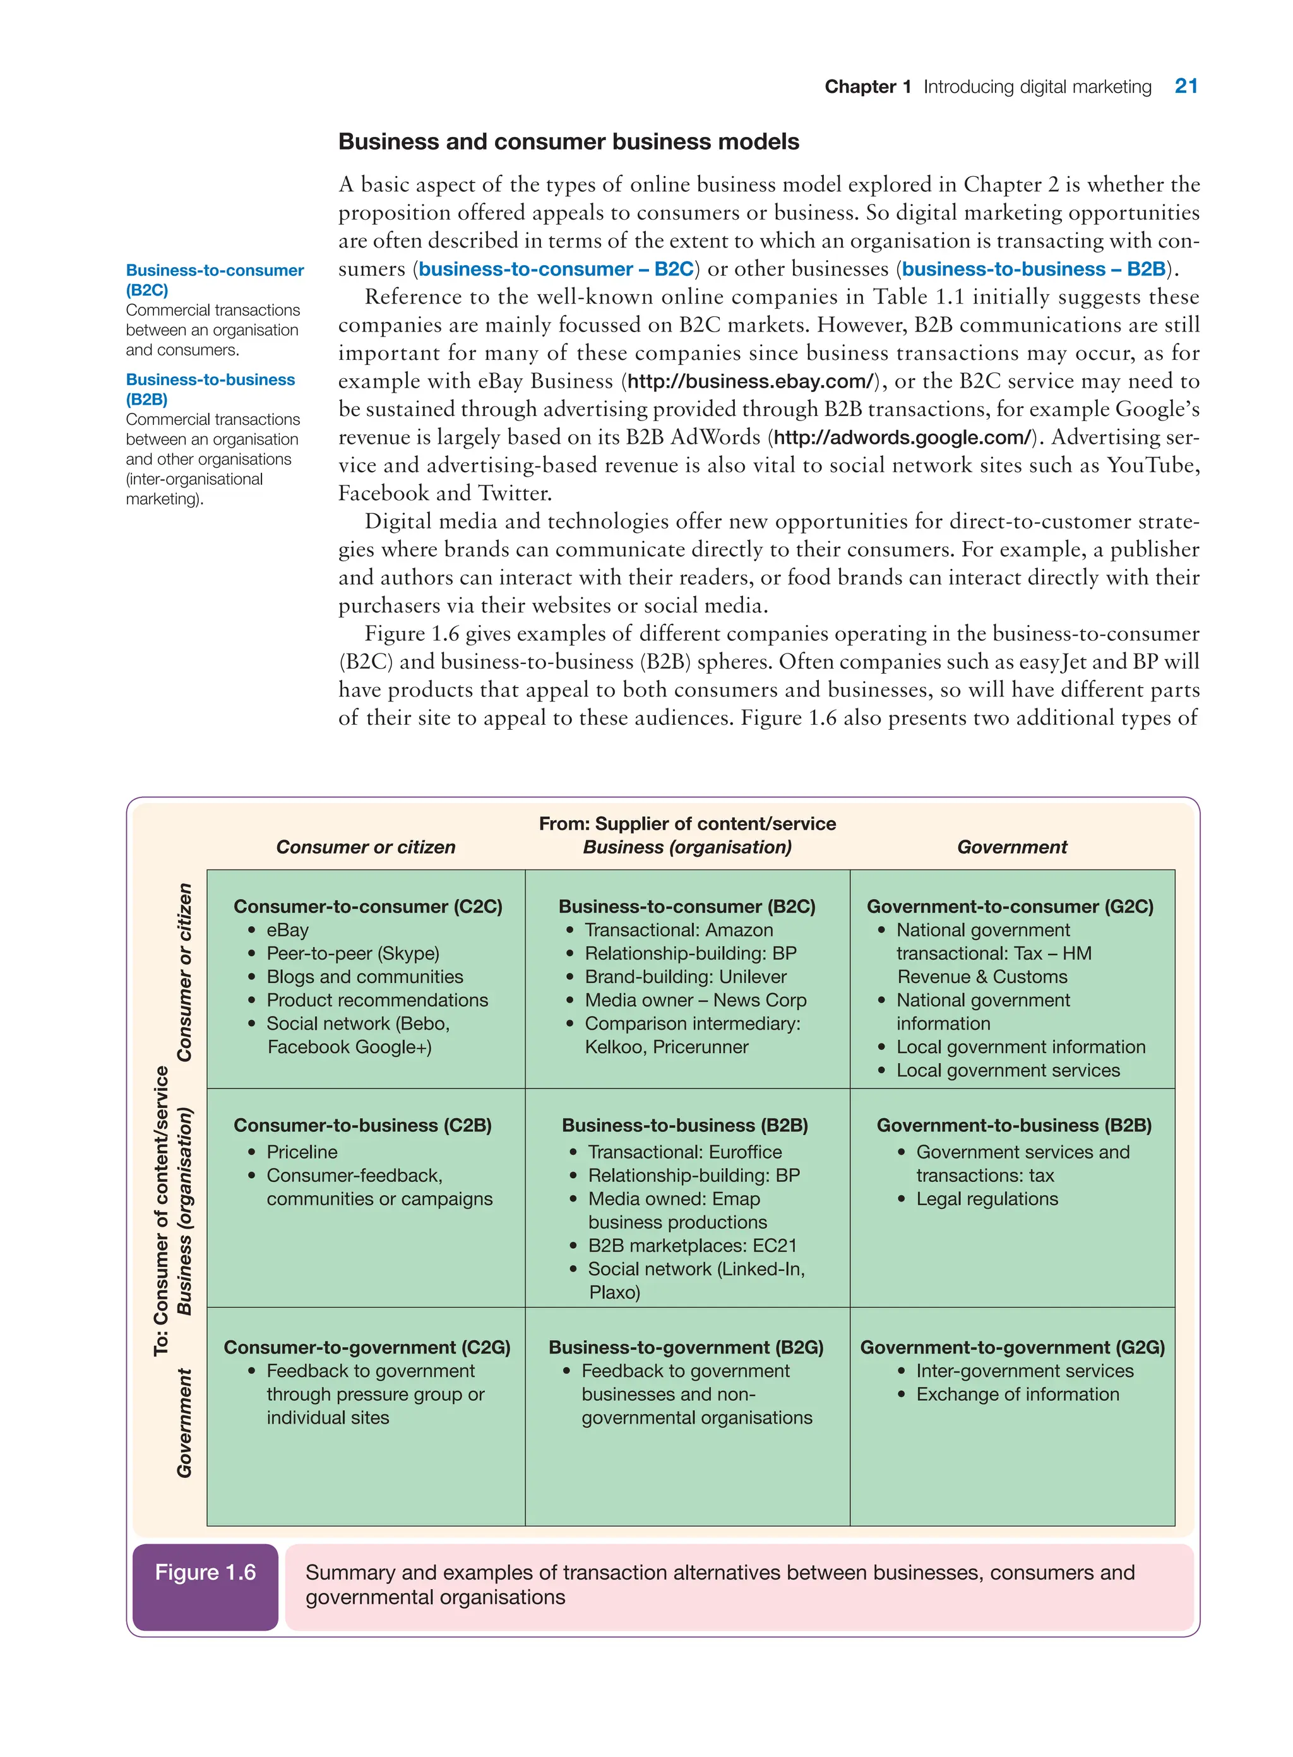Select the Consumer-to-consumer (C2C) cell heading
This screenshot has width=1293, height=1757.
click(368, 907)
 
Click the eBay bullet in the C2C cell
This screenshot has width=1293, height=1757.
click(287, 930)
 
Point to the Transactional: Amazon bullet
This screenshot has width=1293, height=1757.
click(678, 930)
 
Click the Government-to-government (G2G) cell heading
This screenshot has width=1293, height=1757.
click(1012, 1348)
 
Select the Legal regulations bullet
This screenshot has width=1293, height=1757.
click(986, 1199)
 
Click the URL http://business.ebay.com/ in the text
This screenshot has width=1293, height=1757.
click(751, 381)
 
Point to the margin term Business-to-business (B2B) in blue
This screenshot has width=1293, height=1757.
click(210, 389)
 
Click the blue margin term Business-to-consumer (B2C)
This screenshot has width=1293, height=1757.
click(215, 280)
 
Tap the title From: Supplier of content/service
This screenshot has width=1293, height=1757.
click(687, 823)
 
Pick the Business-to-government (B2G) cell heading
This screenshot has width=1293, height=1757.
click(686, 1348)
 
